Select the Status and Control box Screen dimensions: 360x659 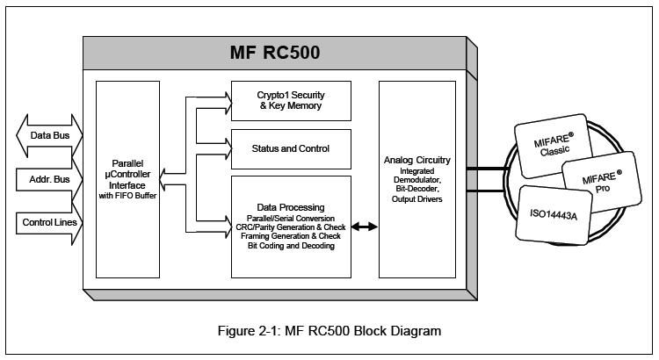290,148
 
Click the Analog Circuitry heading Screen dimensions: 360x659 417,160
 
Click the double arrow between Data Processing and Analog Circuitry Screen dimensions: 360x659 365,227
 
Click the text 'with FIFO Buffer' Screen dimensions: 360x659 129,196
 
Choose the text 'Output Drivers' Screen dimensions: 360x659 417,199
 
